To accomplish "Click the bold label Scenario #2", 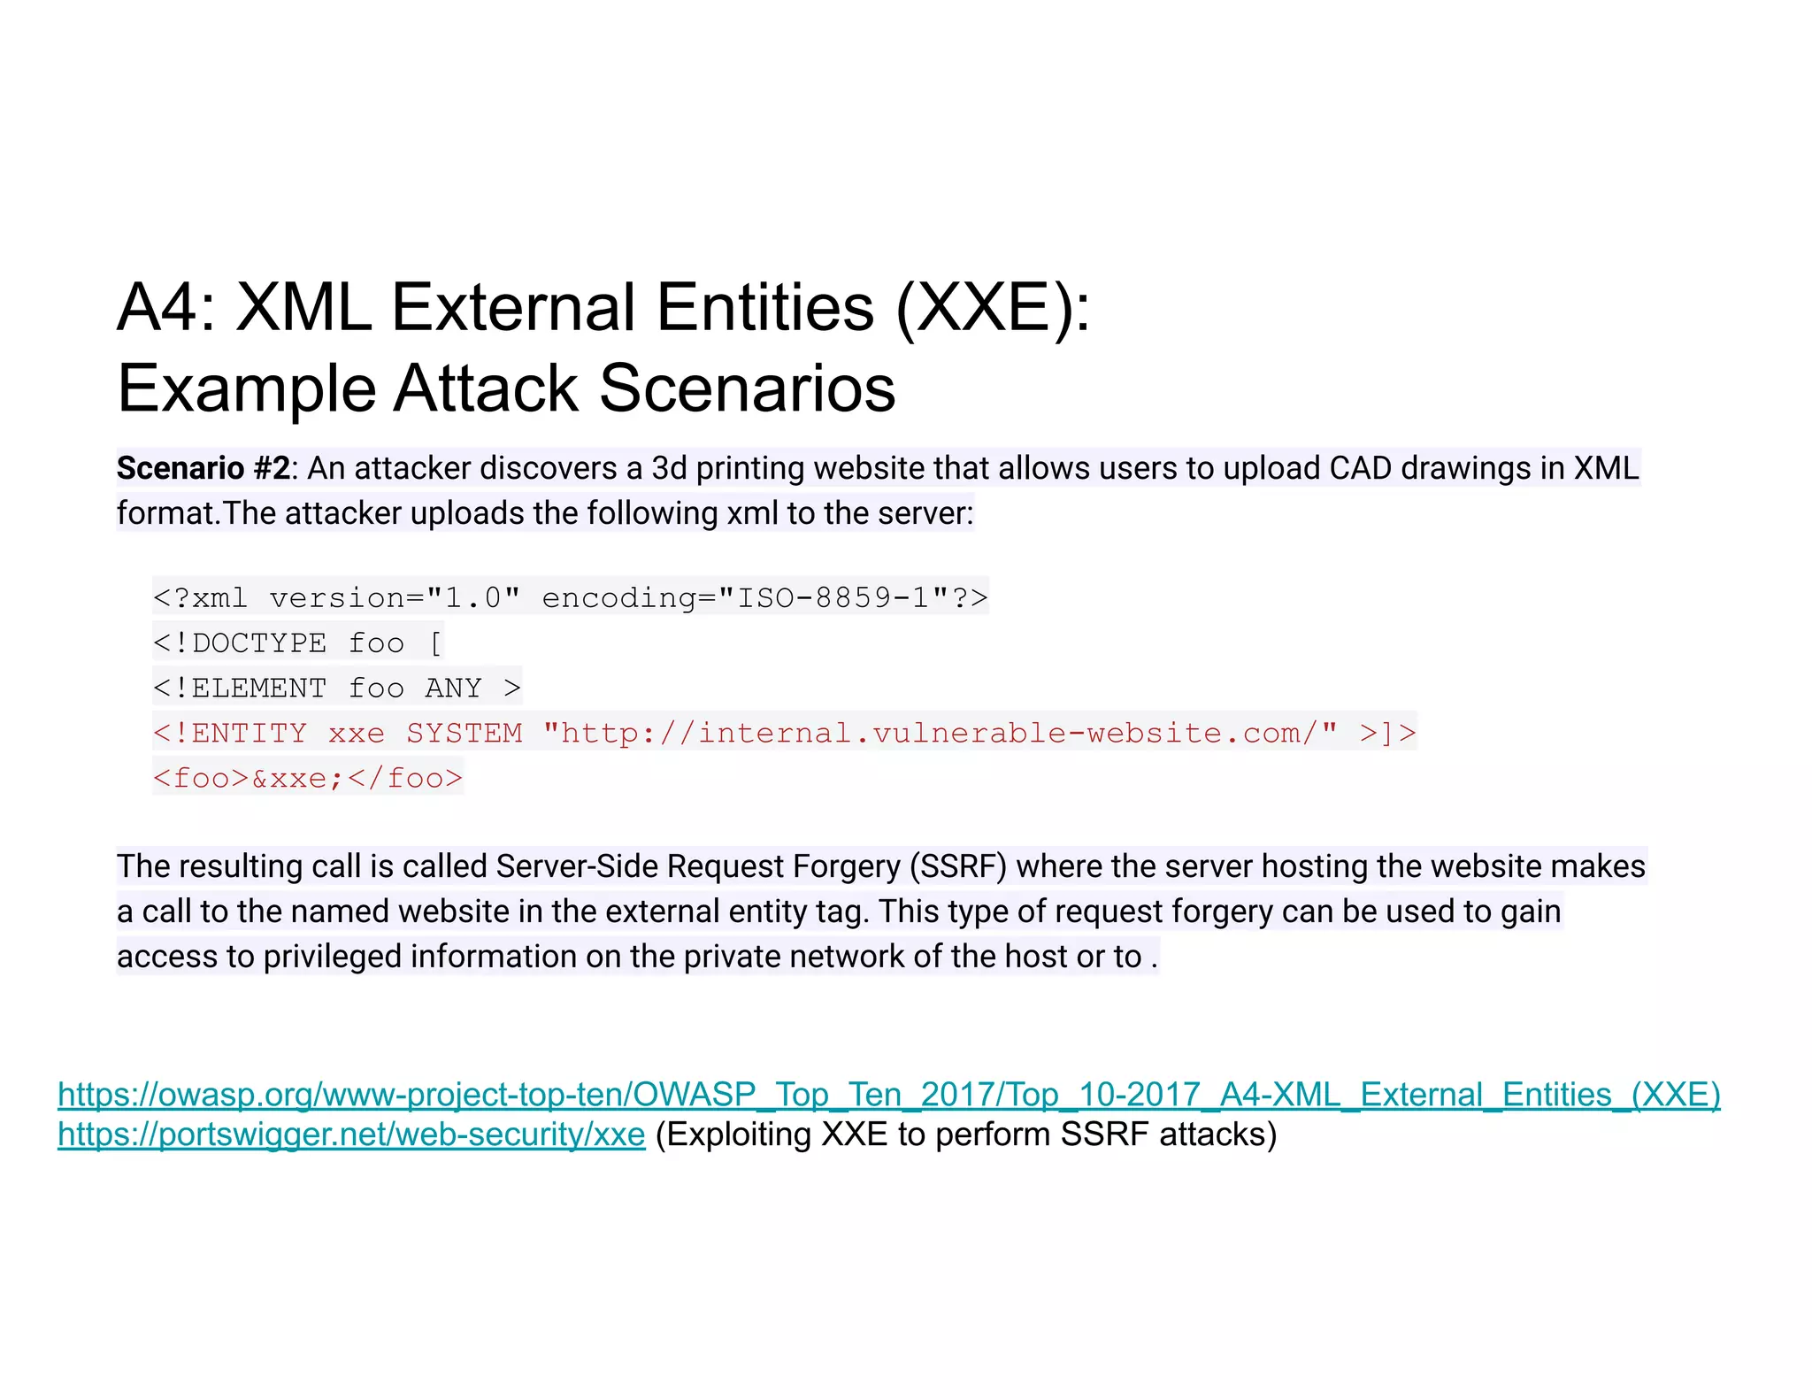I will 203,468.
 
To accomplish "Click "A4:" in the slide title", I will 166,308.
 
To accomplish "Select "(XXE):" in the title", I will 993,308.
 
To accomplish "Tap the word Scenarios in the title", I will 748,388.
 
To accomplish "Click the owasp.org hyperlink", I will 888,1095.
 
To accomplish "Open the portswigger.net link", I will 351,1135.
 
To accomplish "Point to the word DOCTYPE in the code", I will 258,643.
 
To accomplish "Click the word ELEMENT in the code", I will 258,688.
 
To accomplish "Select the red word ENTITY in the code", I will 249,734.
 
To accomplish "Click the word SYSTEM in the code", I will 464,734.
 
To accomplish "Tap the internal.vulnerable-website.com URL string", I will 940,734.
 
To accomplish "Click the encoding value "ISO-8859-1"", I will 833,598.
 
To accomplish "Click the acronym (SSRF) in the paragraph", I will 958,866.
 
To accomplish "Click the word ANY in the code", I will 453,688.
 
